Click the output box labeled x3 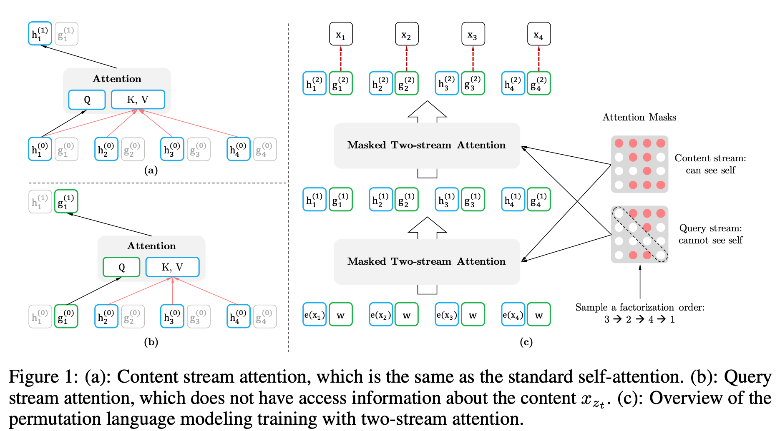(473, 34)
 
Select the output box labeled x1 (341, 34)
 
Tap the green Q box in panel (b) (121, 267)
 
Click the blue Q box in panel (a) (87, 100)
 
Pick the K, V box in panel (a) (138, 100)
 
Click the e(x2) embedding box (381, 314)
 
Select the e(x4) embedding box (513, 314)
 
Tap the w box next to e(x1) (341, 314)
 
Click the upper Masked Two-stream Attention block (427, 145)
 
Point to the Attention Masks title (639, 117)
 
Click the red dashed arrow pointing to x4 (539, 58)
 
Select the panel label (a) (151, 170)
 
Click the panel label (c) (526, 342)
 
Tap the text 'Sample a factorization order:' (640, 307)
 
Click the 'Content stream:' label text (710, 158)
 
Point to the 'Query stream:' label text (711, 228)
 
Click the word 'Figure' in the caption (34, 377)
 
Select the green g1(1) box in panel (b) (66, 201)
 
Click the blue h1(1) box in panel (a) (40, 34)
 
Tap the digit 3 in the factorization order (607, 320)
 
